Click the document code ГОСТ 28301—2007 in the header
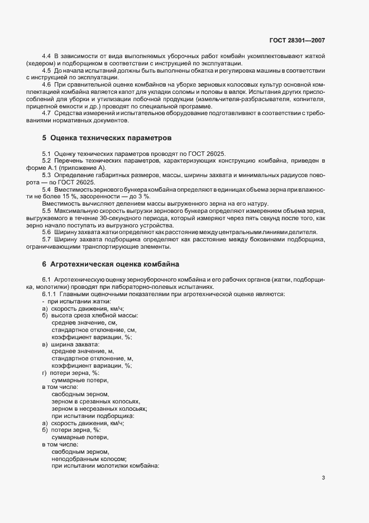(x=297, y=41)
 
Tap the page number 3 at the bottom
(x=324, y=478)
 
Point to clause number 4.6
(x=47, y=84)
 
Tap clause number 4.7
(x=47, y=114)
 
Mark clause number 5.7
(x=47, y=240)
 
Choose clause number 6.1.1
(x=50, y=294)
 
